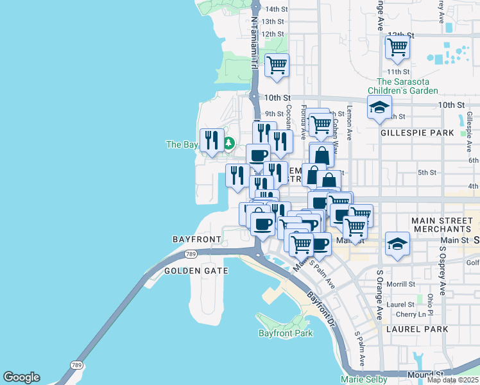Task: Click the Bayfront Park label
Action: click(x=286, y=333)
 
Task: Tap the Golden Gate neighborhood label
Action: click(x=196, y=271)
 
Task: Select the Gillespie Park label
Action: click(x=416, y=133)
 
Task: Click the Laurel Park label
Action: click(x=417, y=329)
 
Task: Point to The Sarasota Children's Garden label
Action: click(x=407, y=86)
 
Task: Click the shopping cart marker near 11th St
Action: click(x=397, y=47)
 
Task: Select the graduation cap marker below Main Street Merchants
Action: click(x=397, y=244)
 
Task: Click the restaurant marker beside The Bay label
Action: click(x=212, y=140)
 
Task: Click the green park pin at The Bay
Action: click(x=228, y=144)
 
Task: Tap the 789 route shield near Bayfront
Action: click(x=190, y=255)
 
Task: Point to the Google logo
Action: click(x=21, y=377)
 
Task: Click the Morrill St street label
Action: click(x=401, y=284)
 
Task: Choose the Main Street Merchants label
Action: click(x=441, y=225)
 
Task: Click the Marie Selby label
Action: click(x=364, y=379)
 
